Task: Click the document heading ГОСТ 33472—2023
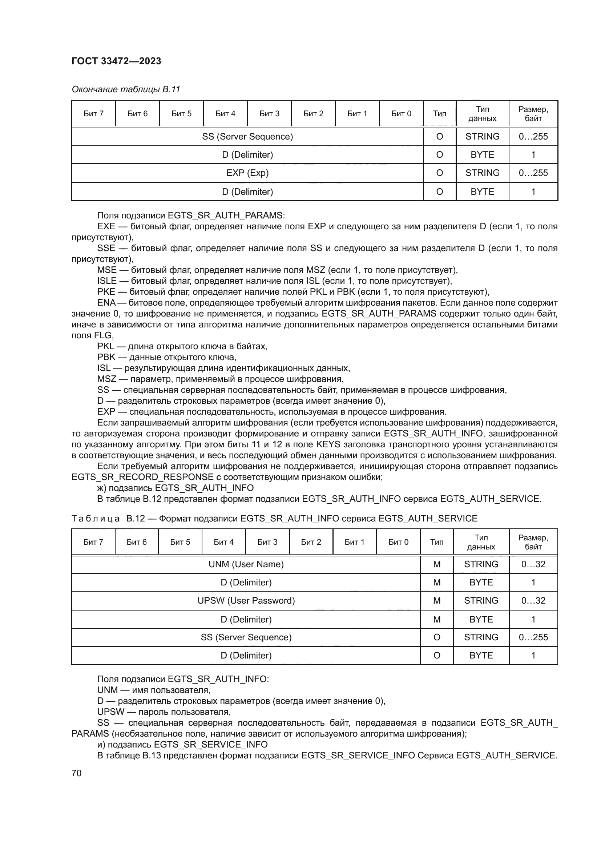tap(116, 61)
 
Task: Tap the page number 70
tap(77, 773)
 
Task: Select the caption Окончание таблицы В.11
tap(125, 89)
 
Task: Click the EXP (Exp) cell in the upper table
tap(247, 173)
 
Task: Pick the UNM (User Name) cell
tap(246, 564)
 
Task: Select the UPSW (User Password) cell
tap(246, 600)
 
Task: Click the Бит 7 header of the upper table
tap(93, 114)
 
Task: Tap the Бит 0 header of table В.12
tap(398, 542)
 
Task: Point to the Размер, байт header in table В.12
tap(533, 542)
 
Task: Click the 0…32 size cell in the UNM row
tap(533, 564)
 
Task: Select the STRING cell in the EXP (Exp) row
tap(482, 173)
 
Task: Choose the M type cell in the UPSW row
tap(437, 600)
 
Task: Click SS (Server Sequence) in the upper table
tap(247, 137)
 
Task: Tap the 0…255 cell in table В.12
tap(533, 637)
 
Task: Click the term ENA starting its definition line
tap(106, 303)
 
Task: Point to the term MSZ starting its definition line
tap(106, 379)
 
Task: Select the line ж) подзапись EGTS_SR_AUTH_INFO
tap(176, 488)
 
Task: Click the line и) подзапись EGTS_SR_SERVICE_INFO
tap(182, 745)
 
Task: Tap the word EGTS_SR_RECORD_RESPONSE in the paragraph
tap(142, 477)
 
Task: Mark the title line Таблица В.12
tap(274, 518)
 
